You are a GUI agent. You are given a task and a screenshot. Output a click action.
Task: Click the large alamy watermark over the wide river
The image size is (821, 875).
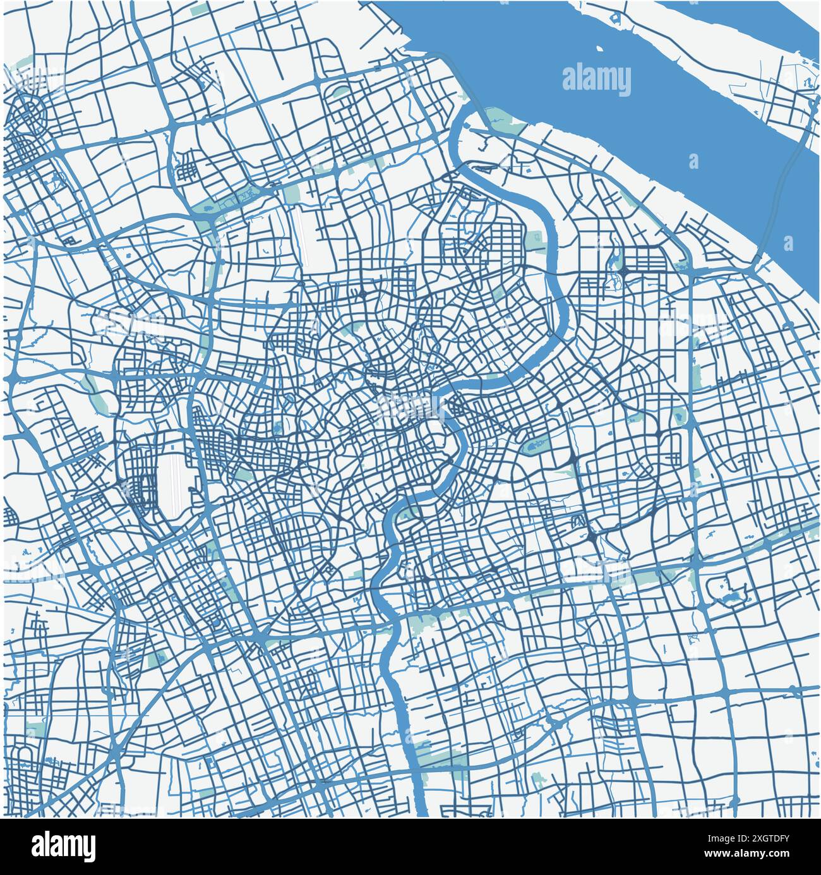click(596, 81)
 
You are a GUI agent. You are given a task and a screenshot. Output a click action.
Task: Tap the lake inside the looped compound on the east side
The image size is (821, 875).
click(730, 596)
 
